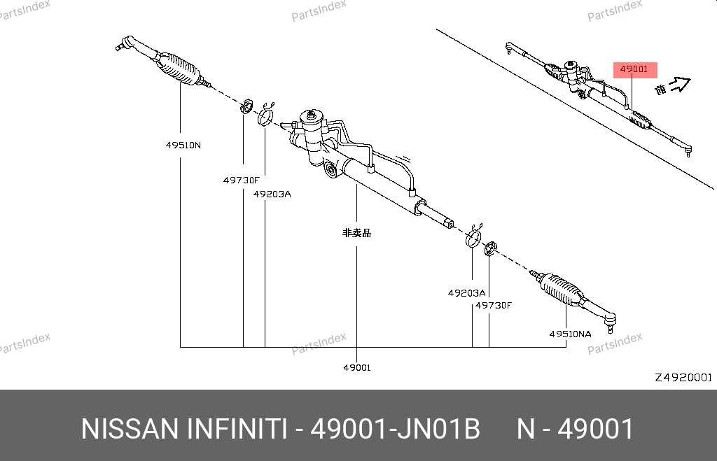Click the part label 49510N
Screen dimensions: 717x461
pyautogui.click(x=183, y=146)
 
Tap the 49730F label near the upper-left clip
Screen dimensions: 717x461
pyautogui.click(x=241, y=180)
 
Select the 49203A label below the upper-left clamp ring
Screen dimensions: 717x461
pyautogui.click(x=272, y=194)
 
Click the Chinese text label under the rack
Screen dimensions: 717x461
pyautogui.click(x=356, y=233)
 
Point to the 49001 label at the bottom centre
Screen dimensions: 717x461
pyautogui.click(x=357, y=367)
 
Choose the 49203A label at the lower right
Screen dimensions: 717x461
pyautogui.click(x=466, y=293)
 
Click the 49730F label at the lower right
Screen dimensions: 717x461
pyautogui.click(x=494, y=305)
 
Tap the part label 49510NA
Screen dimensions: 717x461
pyautogui.click(x=570, y=334)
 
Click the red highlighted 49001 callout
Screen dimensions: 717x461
pyautogui.click(x=634, y=69)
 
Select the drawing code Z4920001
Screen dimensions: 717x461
pyautogui.click(x=683, y=377)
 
